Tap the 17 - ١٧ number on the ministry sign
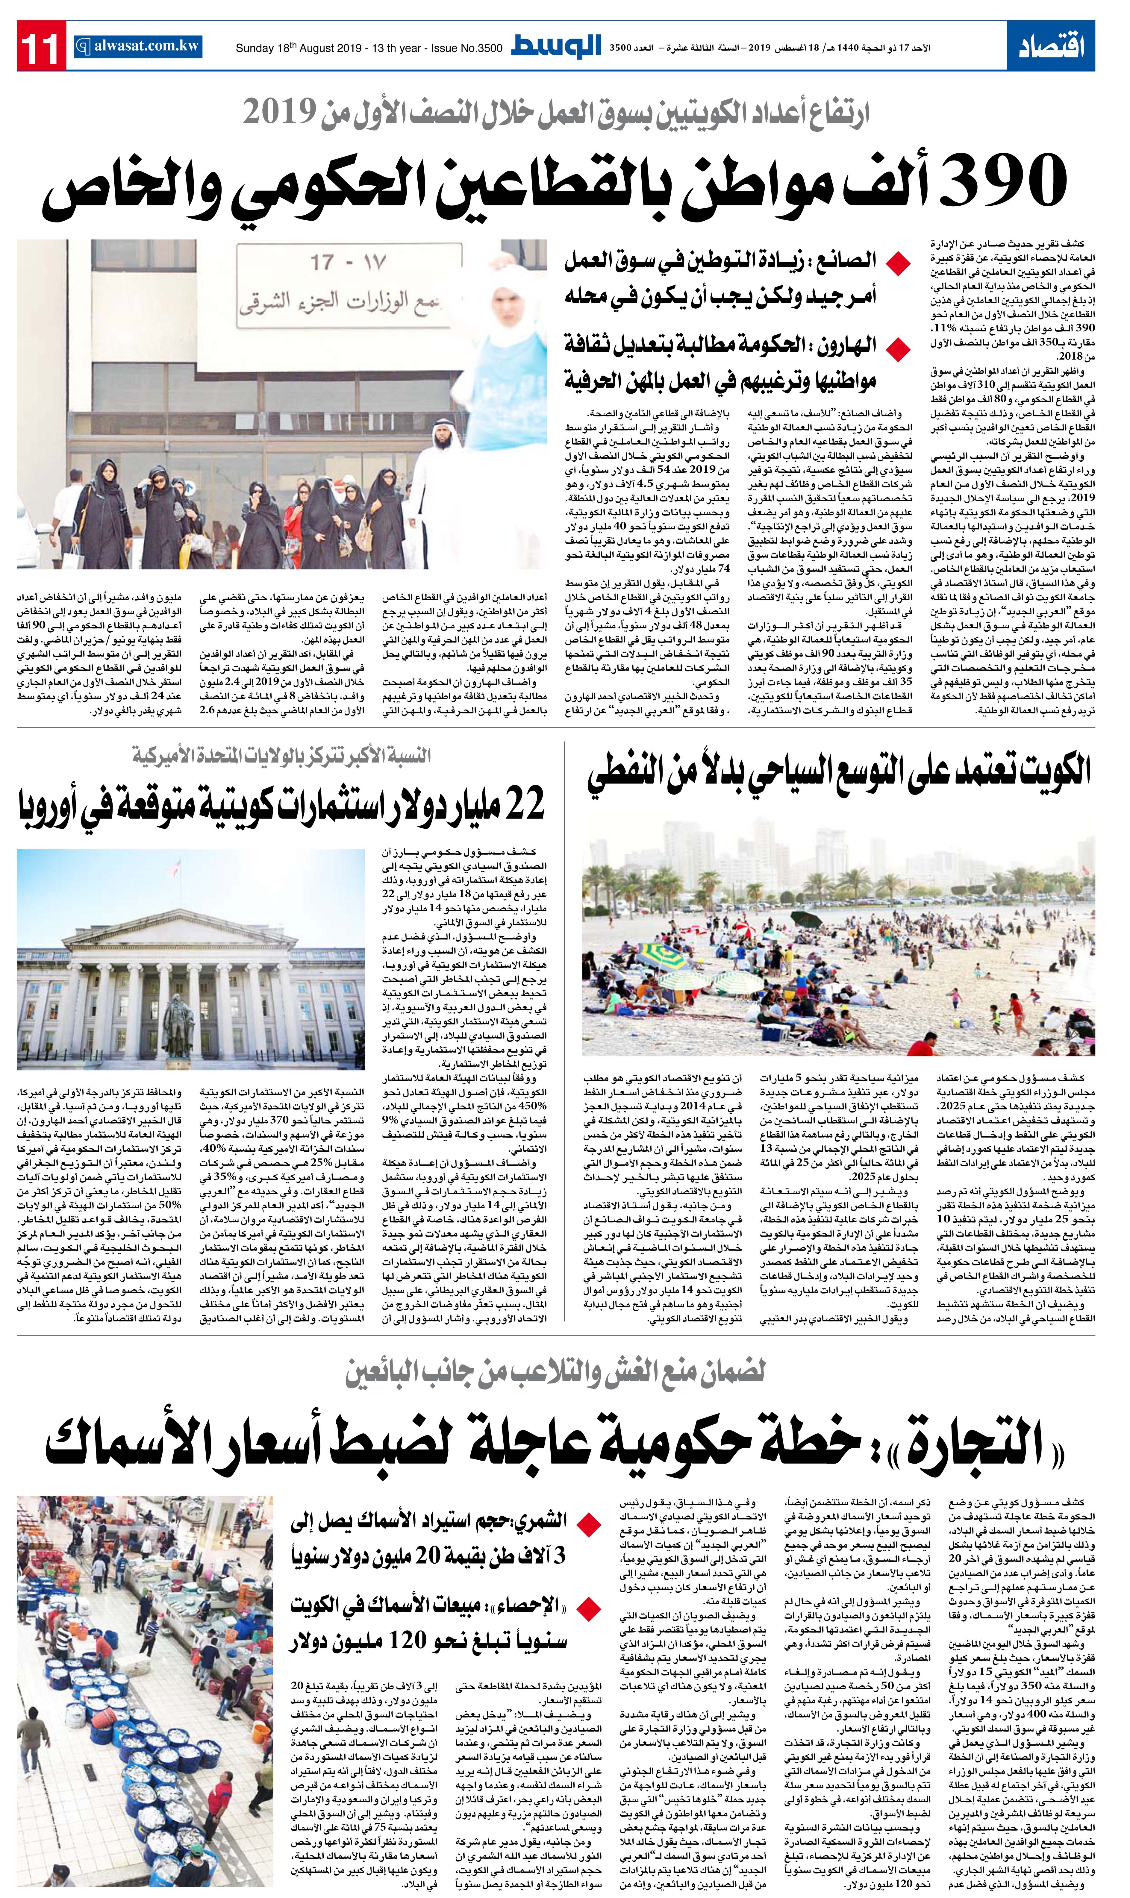click(347, 263)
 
